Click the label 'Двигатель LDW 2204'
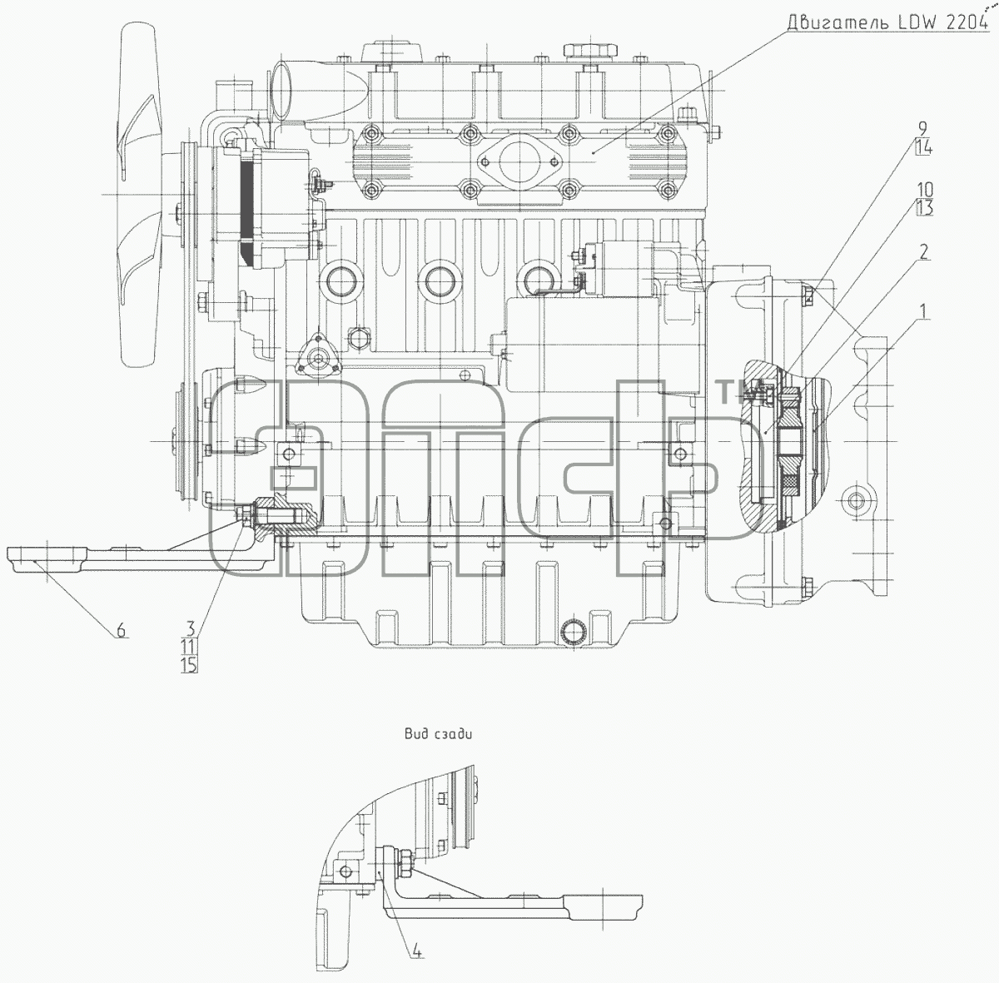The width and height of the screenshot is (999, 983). coord(887,22)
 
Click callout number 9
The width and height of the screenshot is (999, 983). coord(922,128)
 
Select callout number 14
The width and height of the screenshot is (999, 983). coord(923,148)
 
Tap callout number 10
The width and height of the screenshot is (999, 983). coord(925,189)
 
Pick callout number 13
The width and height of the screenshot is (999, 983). coord(924,208)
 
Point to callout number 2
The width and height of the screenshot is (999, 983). coord(923,252)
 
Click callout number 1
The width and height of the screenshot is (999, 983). coord(922,311)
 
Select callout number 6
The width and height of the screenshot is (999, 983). coord(121,630)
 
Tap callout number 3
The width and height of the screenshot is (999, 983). coord(191,629)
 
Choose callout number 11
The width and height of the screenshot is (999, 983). coord(188,647)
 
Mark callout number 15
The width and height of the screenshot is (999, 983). coord(189,665)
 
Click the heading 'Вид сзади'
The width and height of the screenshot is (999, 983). coord(438,733)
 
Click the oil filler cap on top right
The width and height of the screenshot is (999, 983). coord(590,51)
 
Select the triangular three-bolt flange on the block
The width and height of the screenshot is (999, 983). coord(317,358)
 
